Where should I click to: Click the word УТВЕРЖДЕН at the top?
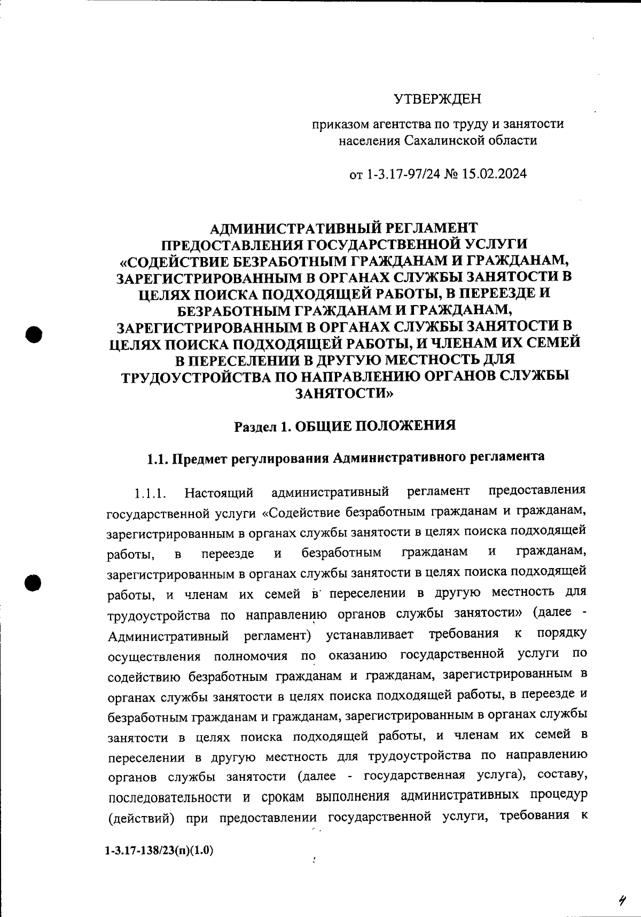437,99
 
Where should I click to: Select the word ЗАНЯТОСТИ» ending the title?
345,393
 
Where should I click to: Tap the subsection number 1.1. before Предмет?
158,458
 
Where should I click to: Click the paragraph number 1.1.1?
152,492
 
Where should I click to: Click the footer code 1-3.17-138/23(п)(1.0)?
160,850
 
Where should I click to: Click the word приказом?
338,125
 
